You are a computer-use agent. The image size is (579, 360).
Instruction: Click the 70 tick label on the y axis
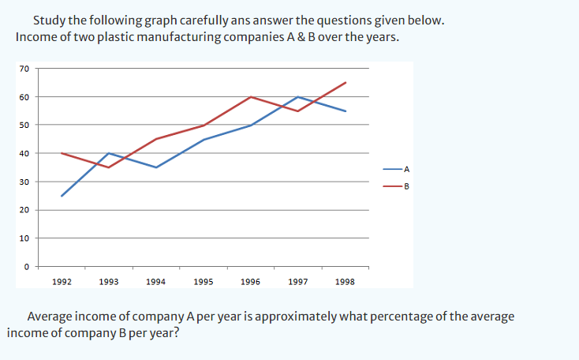point(25,69)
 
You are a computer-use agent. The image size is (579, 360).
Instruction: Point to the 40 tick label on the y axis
point(25,153)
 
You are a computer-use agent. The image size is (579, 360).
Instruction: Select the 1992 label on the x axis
point(62,281)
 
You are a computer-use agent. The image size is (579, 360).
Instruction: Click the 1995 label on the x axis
point(203,281)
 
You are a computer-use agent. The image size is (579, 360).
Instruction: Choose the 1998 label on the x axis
point(345,281)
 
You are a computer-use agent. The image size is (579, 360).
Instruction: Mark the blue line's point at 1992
point(62,196)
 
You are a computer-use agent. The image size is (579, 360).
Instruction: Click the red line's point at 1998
point(346,82)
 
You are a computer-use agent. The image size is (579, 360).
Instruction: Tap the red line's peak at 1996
point(251,96)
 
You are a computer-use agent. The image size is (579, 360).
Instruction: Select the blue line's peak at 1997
point(298,96)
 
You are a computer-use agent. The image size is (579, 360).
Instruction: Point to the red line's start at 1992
point(62,153)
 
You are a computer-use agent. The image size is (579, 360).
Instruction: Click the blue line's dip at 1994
point(156,167)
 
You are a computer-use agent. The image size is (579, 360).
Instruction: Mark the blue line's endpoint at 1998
point(346,111)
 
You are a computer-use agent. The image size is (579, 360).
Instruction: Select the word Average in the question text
point(51,317)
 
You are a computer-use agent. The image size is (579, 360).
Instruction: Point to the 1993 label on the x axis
point(109,281)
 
